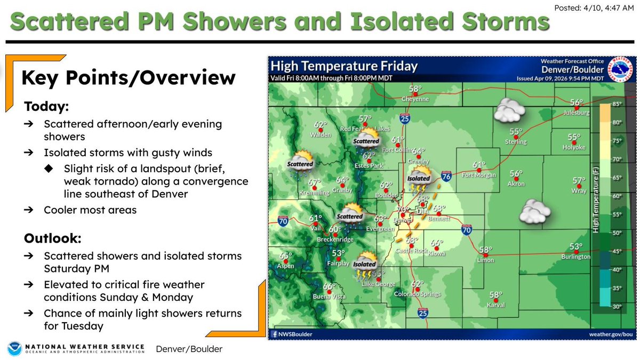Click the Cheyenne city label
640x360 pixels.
point(415,99)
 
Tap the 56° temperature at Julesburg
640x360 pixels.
point(575,102)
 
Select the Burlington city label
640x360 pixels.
point(575,257)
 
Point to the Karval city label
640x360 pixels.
point(496,305)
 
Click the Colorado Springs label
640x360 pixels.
point(417,294)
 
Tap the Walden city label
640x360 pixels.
point(321,135)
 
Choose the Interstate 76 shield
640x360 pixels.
point(446,177)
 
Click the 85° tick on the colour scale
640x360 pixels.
point(617,104)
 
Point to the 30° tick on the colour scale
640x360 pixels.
point(617,307)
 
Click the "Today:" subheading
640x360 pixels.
point(46,107)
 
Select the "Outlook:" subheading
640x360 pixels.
point(52,238)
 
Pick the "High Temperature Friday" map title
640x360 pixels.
point(344,67)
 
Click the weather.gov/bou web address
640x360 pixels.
point(612,334)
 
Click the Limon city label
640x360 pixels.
point(486,260)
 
